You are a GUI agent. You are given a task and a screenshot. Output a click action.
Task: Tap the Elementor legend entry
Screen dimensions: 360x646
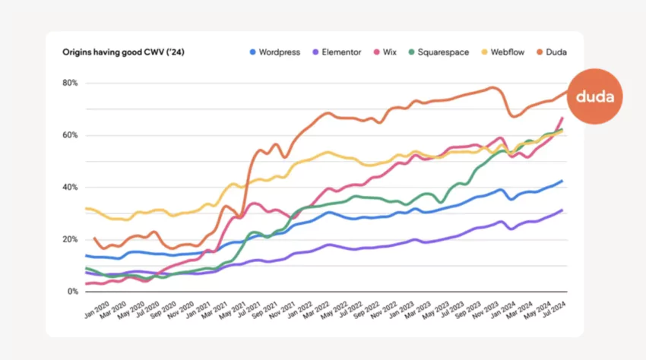coord(339,52)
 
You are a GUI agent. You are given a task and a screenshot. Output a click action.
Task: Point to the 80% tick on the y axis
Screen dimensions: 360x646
coord(71,83)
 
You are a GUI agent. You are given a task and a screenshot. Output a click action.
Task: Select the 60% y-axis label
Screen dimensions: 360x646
coord(71,135)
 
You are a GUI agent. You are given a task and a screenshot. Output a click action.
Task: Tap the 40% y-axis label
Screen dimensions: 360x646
coord(71,187)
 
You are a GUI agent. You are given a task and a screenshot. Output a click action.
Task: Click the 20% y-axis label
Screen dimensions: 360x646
coord(71,239)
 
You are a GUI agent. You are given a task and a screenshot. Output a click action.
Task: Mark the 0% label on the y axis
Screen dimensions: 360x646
coord(73,292)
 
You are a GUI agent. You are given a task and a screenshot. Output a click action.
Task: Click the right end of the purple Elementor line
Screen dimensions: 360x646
coord(562,210)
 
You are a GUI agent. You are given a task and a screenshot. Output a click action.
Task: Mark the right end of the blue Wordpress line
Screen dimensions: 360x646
coord(562,181)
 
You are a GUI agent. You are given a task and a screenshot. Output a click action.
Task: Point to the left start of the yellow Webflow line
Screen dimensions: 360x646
coord(86,208)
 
